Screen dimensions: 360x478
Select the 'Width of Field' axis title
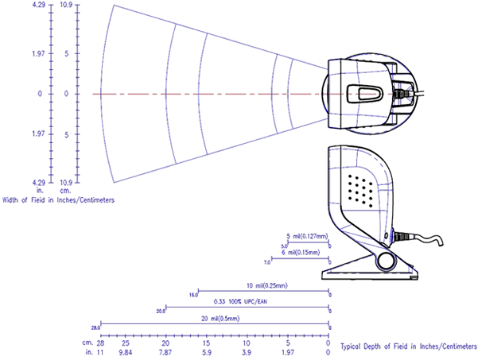pos(57,199)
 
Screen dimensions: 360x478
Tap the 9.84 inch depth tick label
pos(125,350)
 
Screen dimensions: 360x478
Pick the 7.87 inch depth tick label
pos(165,350)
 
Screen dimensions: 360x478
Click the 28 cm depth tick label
pos(101,342)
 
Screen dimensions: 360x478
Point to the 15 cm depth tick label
pos(206,342)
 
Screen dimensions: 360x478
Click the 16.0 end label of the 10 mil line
pos(193,295)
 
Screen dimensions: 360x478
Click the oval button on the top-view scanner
pos(368,94)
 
